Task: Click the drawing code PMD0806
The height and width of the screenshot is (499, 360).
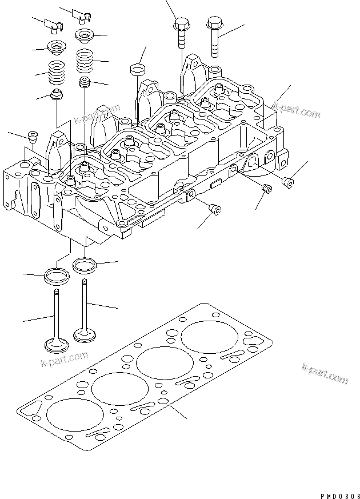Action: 340,496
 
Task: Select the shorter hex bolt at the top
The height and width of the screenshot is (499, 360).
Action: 182,33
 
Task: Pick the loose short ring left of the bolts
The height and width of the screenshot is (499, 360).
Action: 137,70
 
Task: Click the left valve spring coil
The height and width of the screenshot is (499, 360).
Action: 57,73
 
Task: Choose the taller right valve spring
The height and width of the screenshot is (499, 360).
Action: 85,61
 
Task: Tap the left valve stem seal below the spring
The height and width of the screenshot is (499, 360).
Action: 57,94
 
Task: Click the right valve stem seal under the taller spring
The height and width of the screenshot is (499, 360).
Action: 85,82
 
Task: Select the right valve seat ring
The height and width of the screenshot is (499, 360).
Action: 85,265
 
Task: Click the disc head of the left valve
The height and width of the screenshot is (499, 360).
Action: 57,346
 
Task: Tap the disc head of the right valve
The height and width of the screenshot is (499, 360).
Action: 85,335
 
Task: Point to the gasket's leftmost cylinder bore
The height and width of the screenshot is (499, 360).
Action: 75,414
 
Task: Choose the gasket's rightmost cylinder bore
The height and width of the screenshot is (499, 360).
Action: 210,337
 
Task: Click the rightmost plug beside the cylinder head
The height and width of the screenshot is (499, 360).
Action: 288,183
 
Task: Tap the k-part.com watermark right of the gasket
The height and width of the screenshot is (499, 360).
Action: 325,374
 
